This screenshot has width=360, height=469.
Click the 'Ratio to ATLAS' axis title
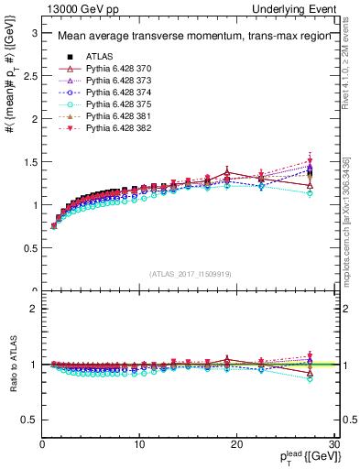[x=12, y=365]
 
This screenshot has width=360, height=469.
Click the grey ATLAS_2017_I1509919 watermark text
[x=189, y=273]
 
